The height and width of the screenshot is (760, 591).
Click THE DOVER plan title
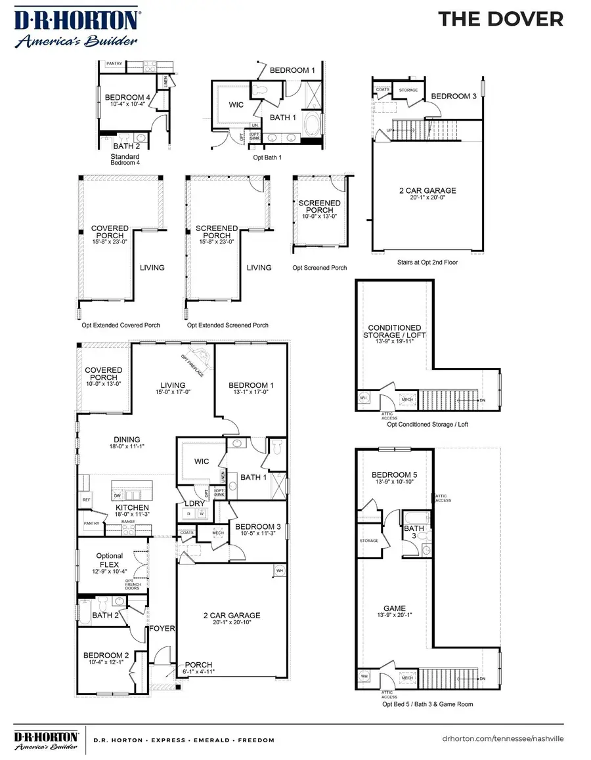[x=500, y=19]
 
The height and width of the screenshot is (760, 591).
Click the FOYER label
[x=162, y=628]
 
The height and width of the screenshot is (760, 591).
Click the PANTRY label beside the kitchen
[x=90, y=523]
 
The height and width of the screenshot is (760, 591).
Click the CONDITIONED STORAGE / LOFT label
[x=395, y=331]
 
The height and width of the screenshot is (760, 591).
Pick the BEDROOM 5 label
[x=394, y=475]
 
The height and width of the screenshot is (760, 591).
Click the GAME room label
[x=394, y=608]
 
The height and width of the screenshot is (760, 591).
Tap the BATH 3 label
[x=414, y=532]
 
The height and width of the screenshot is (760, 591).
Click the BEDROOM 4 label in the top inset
[x=127, y=98]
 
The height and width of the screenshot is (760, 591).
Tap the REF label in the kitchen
[x=86, y=499]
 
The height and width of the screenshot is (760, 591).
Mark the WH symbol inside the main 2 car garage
[x=279, y=571]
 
